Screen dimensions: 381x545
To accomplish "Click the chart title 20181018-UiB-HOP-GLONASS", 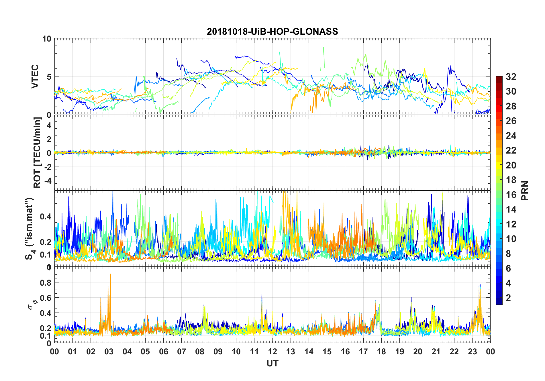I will point(272,31).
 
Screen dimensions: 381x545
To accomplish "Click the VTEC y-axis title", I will point(35,76).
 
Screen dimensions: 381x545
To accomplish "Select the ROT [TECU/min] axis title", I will point(37,152).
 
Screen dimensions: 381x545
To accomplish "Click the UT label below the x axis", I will point(272,363).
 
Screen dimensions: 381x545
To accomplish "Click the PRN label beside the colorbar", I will point(525,190).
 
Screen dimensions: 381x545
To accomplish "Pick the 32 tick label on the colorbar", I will point(511,76).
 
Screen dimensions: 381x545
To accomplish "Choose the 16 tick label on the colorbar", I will point(511,195).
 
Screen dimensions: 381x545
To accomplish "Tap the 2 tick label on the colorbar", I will point(508,298).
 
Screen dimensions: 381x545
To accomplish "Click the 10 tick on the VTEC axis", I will point(47,39).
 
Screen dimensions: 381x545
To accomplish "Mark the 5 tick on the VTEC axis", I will point(49,77).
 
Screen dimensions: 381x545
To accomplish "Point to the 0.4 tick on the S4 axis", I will point(46,216).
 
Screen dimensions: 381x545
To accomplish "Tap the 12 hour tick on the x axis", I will point(272,351).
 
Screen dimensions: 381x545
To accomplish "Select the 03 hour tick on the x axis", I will point(109,351).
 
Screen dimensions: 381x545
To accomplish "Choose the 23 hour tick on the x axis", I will point(472,351).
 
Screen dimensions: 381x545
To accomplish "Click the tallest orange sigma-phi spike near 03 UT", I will point(110,274).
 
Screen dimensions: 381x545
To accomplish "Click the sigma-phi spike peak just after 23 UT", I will point(480,285).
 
